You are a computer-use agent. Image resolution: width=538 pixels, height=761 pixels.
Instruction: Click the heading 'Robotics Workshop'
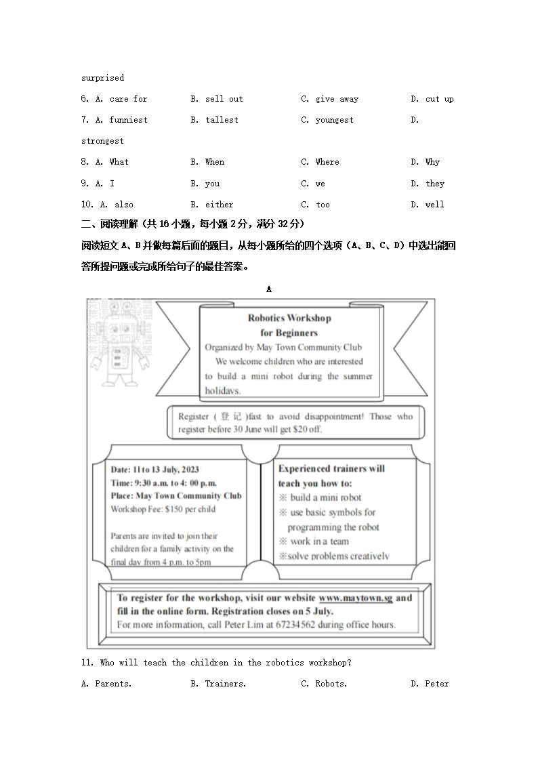pyautogui.click(x=289, y=318)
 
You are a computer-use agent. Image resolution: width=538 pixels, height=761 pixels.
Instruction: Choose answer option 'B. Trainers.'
pyautogui.click(x=218, y=684)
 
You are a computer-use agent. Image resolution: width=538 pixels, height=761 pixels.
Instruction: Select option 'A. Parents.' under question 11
pyautogui.click(x=106, y=684)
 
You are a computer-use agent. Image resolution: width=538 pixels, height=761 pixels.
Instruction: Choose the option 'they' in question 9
pyautogui.click(x=435, y=184)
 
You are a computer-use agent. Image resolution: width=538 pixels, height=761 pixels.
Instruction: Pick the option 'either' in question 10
pyautogui.click(x=219, y=205)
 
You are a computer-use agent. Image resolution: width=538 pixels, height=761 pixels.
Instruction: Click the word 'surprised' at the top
pyautogui.click(x=102, y=78)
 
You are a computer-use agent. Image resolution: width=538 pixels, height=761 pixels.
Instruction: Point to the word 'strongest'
pyautogui.click(x=102, y=141)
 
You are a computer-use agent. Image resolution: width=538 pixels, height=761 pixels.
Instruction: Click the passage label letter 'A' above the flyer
pyautogui.click(x=269, y=289)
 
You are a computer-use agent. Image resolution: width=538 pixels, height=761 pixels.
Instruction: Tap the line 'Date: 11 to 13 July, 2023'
pyautogui.click(x=155, y=469)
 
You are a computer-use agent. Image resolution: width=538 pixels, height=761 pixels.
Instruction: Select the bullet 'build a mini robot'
pyautogui.click(x=325, y=497)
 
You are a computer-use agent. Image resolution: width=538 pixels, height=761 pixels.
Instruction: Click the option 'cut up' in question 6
pyautogui.click(x=439, y=99)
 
